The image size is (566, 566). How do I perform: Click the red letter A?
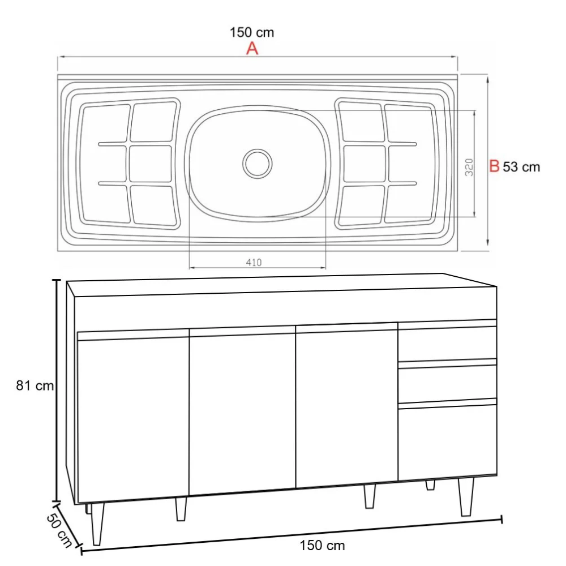click(x=252, y=49)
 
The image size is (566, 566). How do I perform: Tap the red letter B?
click(x=494, y=166)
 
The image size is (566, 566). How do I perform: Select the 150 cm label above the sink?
click(x=252, y=32)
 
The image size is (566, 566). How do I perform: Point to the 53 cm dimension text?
click(x=521, y=167)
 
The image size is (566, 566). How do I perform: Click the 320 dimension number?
click(x=469, y=167)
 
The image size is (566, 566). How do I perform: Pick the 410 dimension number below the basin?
click(x=254, y=262)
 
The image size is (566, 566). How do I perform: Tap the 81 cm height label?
click(x=35, y=386)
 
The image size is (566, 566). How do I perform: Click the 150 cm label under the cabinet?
click(x=322, y=546)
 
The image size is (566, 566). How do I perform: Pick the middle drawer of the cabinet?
click(x=447, y=384)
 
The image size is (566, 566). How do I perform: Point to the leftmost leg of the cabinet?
click(x=98, y=524)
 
